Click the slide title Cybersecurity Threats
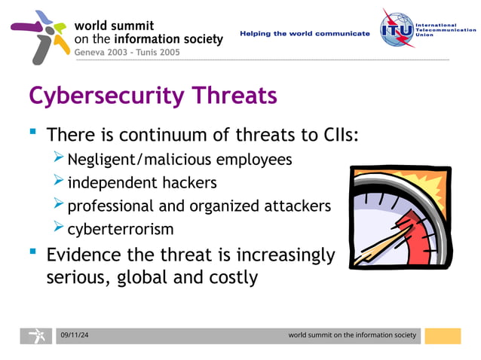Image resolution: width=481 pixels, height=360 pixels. (152, 96)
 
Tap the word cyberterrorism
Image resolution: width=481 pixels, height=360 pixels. (121, 228)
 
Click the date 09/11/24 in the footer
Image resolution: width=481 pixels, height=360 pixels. (74, 334)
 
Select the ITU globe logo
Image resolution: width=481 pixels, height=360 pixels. (397, 31)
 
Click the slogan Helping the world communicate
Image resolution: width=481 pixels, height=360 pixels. (305, 34)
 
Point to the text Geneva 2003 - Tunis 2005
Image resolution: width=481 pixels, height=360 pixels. (127, 52)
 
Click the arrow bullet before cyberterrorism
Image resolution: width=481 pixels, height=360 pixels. (60, 227)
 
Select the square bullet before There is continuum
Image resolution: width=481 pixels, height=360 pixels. (32, 133)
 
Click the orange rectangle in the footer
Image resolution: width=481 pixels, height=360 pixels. (443, 336)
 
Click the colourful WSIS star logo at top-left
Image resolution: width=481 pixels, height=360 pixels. (39, 36)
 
